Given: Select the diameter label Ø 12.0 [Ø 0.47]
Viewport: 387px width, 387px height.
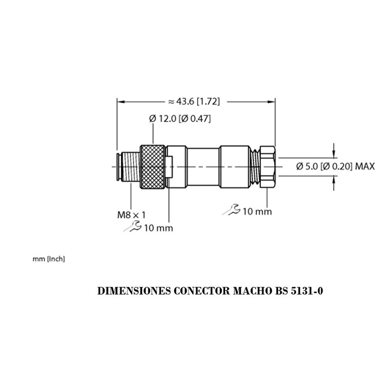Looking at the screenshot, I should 180,119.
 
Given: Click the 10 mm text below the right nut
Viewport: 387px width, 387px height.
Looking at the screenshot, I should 257,211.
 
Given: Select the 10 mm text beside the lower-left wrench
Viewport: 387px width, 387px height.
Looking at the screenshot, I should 158,228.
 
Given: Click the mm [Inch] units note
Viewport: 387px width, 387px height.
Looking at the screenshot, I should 49,259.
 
